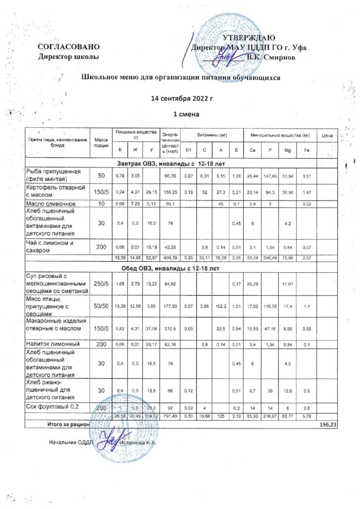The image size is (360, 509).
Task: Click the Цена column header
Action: (x=327, y=135)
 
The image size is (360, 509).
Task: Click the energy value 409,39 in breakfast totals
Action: (x=169, y=257)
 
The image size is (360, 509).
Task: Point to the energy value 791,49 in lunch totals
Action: (x=169, y=416)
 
